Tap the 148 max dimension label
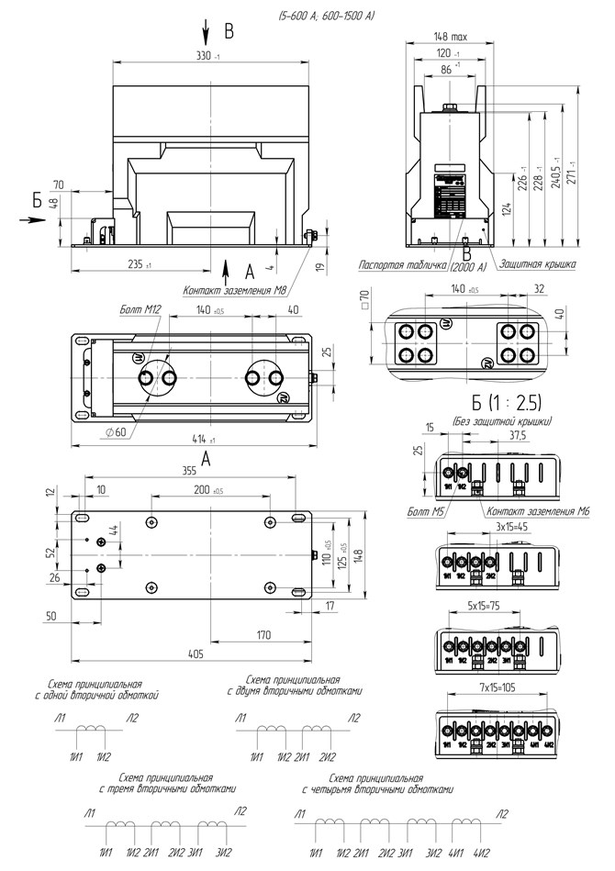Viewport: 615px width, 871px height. pyautogui.click(x=452, y=38)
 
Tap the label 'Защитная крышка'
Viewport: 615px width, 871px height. pyautogui.click(x=538, y=264)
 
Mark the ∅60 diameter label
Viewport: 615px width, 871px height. pyautogui.click(x=116, y=431)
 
